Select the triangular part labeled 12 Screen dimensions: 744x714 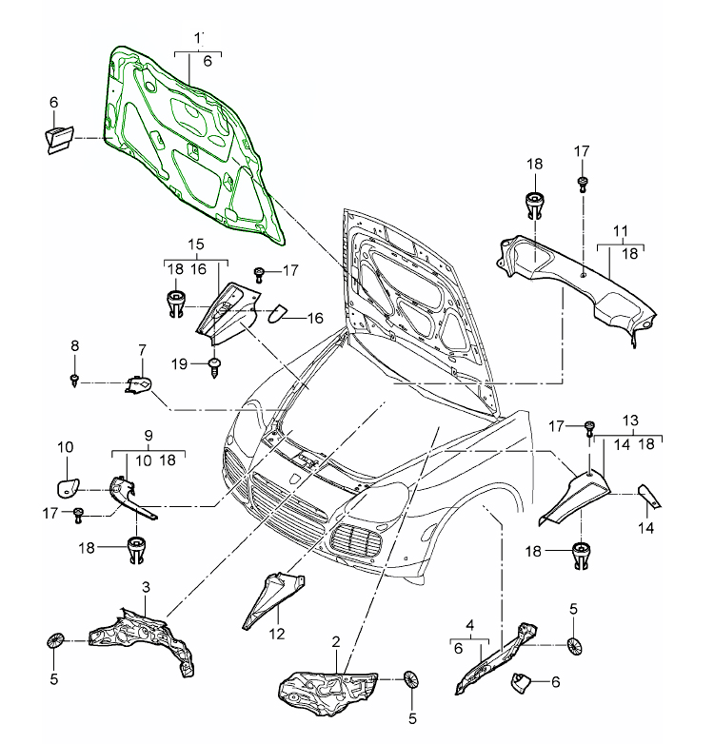pos(271,594)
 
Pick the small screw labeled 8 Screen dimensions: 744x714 pos(73,381)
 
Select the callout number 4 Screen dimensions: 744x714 pos(469,624)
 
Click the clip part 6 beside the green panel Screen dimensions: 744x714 pos(57,135)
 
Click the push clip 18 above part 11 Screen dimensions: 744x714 pos(534,204)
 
